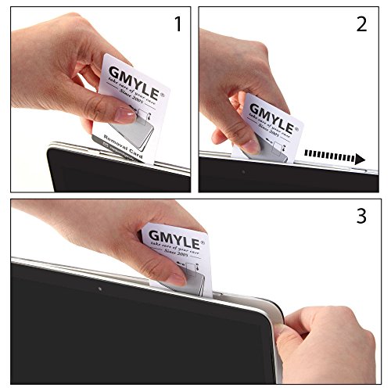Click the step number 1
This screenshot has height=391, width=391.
178,24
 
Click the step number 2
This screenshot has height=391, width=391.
361,24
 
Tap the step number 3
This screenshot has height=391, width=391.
361,216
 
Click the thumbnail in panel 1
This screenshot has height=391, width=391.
124,115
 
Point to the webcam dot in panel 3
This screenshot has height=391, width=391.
102,289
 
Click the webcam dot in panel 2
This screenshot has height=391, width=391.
243,171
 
